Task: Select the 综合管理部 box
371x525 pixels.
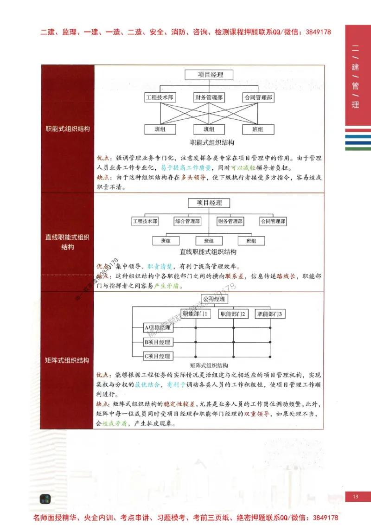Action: (187, 221)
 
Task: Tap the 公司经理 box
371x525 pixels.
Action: (213, 299)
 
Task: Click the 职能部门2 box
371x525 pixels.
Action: (233, 314)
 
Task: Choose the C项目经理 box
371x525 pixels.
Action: (158, 356)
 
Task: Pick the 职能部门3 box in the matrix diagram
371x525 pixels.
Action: (271, 314)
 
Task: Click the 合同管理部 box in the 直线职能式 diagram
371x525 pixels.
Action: (273, 221)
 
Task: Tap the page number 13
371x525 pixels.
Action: (356, 497)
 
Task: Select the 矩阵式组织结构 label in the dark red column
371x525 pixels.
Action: (67, 360)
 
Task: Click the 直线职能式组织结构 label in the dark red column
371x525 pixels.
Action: (67, 242)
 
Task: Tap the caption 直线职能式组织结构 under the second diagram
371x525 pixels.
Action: (208, 252)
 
